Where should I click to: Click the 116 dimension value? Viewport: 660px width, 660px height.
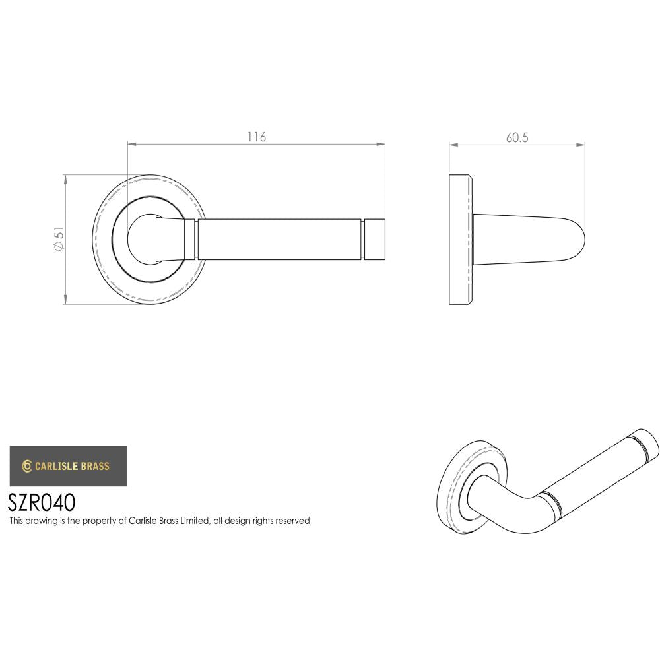click(x=256, y=137)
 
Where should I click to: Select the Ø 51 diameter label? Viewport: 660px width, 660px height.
click(x=59, y=239)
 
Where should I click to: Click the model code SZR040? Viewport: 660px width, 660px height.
click(x=42, y=503)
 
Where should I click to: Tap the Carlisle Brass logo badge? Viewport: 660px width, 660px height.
click(x=68, y=466)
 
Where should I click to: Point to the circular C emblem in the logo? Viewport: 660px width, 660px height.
click(x=27, y=466)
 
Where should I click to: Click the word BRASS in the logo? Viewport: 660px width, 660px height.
click(x=95, y=466)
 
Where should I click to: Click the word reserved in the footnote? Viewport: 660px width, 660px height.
click(x=292, y=521)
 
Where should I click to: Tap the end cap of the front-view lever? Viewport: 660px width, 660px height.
click(x=376, y=239)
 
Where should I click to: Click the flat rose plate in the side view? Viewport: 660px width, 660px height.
click(x=460, y=240)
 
